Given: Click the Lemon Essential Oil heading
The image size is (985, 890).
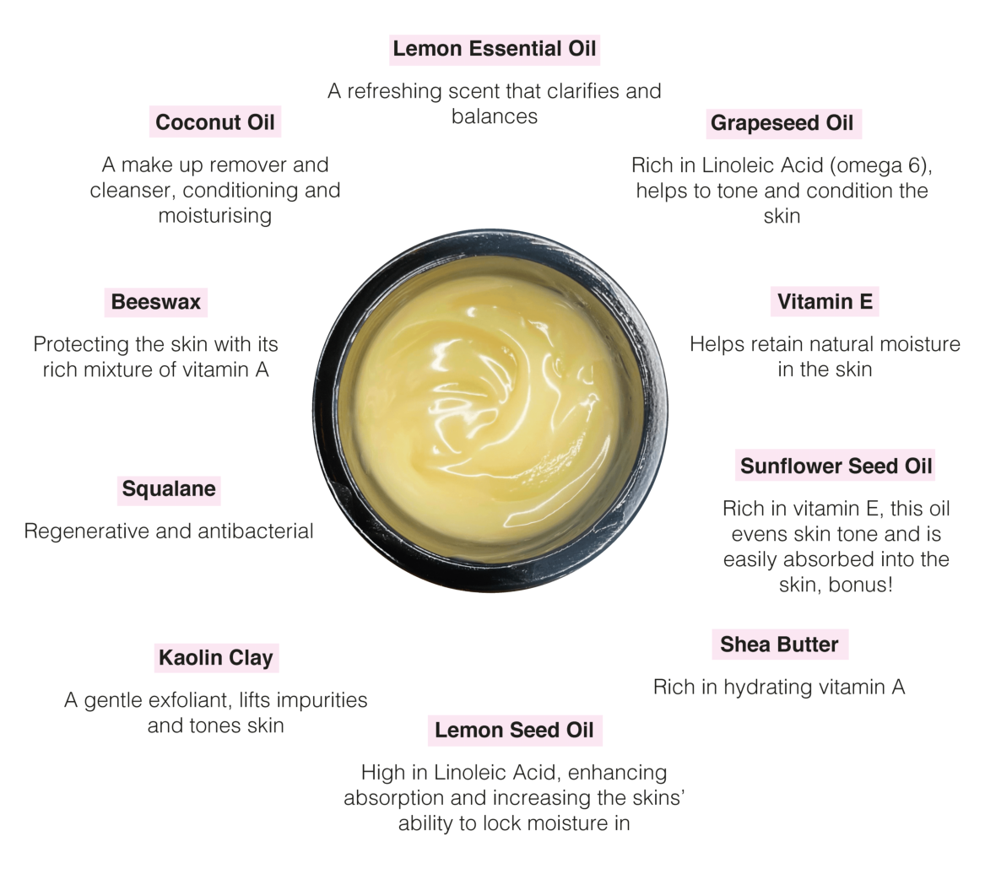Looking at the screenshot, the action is pyautogui.click(x=495, y=49).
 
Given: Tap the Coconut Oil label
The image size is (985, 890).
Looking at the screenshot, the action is pyautogui.click(x=215, y=122).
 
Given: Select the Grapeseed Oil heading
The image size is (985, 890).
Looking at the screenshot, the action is pyautogui.click(x=782, y=123).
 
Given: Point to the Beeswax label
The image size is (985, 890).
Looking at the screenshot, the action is pyautogui.click(x=156, y=302).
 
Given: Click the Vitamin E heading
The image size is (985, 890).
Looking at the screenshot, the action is pyautogui.click(x=825, y=302).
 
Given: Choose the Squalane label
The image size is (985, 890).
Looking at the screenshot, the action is pyautogui.click(x=169, y=489).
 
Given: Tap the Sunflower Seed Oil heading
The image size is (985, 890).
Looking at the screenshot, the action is pyautogui.click(x=836, y=466).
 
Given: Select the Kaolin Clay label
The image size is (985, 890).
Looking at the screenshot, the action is pyautogui.click(x=216, y=658).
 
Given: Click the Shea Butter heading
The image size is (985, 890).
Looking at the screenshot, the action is pyautogui.click(x=779, y=645).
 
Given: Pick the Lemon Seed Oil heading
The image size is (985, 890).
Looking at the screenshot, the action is pyautogui.click(x=514, y=731).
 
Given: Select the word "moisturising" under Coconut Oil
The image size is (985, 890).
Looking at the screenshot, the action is pyautogui.click(x=215, y=216).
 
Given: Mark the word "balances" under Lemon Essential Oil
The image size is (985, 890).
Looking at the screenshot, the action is pyautogui.click(x=495, y=116).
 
